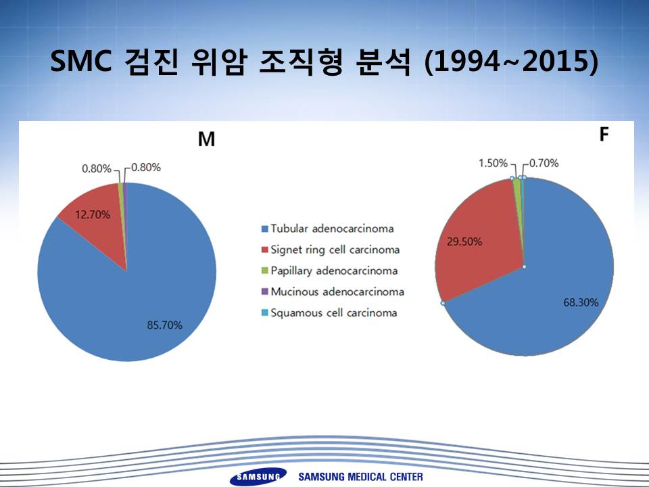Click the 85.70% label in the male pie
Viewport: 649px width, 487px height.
coord(164,325)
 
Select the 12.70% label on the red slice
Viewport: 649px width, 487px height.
coord(93,214)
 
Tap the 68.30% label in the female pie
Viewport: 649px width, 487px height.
coord(581,302)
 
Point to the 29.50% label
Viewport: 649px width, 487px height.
coord(464,241)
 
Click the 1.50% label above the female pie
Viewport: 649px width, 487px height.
coord(493,163)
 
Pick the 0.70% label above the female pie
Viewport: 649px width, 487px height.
coord(544,163)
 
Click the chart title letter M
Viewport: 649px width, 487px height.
coord(207,139)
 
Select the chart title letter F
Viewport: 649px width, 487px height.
coord(604,134)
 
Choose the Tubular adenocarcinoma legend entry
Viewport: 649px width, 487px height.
coord(328,229)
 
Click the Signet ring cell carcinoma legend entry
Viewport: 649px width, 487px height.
coord(331,250)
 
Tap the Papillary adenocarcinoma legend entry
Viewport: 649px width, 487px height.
coord(330,271)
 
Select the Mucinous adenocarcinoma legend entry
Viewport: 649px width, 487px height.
coord(333,292)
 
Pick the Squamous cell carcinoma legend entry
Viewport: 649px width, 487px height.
coord(329,312)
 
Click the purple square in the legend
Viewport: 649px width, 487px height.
coord(265,292)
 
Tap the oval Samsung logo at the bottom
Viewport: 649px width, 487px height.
coord(258,477)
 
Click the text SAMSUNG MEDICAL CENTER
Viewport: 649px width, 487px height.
coord(360,477)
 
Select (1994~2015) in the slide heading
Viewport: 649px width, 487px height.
coord(512,62)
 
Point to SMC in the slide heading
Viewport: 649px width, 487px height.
coord(81,61)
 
